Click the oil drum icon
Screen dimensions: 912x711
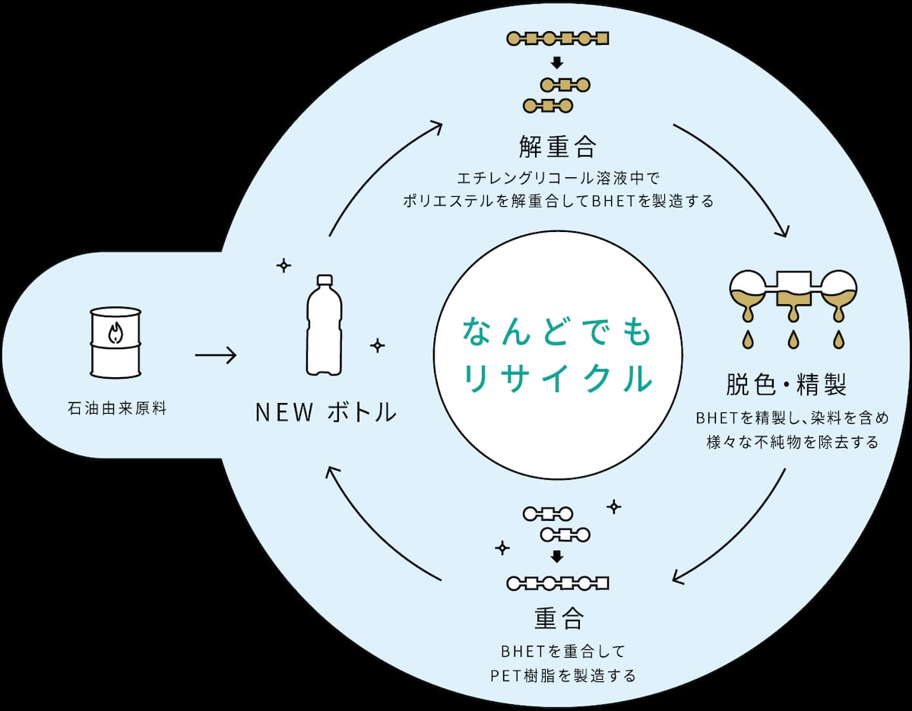coord(116,342)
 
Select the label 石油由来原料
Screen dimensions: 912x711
coord(117,408)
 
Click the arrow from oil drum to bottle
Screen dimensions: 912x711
coord(216,356)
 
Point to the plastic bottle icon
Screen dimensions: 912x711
coord(325,325)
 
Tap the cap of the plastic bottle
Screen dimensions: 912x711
coord(325,280)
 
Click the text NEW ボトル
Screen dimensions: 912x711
coord(326,412)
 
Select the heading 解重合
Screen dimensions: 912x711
coord(557,146)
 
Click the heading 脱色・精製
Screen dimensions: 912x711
coord(786,384)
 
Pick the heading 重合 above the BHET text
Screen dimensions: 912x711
coord(559,617)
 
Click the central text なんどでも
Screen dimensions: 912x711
coord(557,332)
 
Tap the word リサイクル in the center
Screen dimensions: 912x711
coord(558,378)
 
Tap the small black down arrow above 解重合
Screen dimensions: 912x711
coord(557,63)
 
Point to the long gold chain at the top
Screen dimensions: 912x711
coord(558,39)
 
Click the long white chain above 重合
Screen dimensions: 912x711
coord(558,583)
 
